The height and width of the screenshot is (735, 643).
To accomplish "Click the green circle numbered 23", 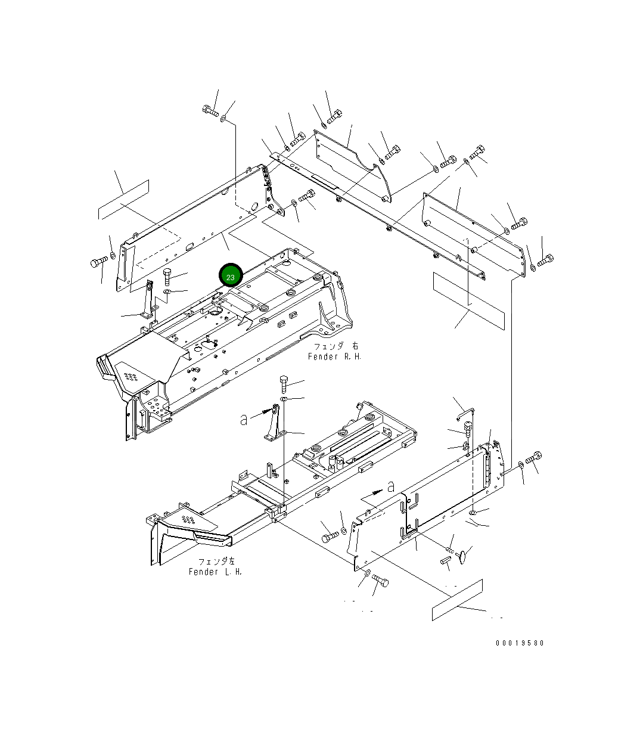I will pyautogui.click(x=231, y=277).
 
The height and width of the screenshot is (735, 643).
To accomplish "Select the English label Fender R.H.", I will pyautogui.click(x=334, y=356).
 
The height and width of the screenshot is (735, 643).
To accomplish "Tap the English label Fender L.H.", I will pyautogui.click(x=215, y=572).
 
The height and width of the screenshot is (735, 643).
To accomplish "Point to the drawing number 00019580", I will pyautogui.click(x=520, y=643).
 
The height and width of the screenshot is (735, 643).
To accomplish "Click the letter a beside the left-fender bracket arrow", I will pyautogui.click(x=244, y=420).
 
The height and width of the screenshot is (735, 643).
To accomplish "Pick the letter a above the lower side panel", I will pyautogui.click(x=391, y=486).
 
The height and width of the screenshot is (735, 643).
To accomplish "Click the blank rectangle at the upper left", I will pyautogui.click(x=123, y=199).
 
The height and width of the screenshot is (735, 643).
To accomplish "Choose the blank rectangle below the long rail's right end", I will pyautogui.click(x=469, y=300).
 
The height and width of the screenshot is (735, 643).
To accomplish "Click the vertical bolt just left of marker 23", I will pyautogui.click(x=167, y=277).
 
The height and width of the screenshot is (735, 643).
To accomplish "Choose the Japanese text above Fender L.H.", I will pyautogui.click(x=216, y=561).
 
